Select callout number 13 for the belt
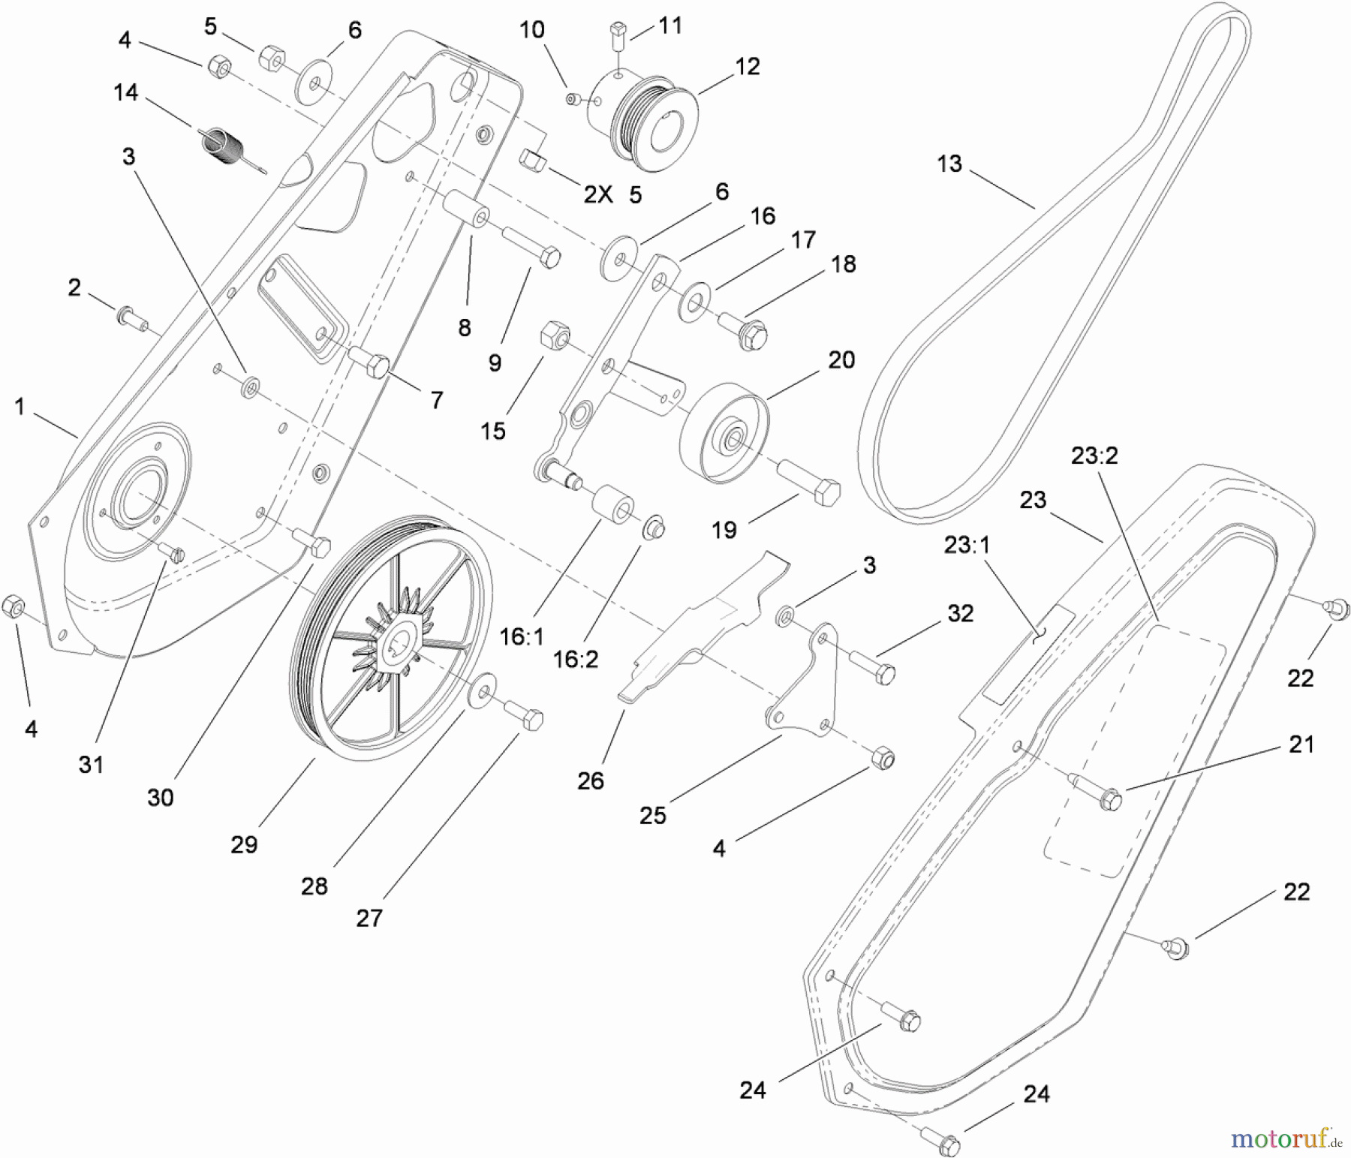click(949, 164)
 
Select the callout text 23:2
click(1094, 455)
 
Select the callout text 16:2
click(576, 659)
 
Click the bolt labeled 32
click(871, 665)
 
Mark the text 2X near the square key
click(597, 195)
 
